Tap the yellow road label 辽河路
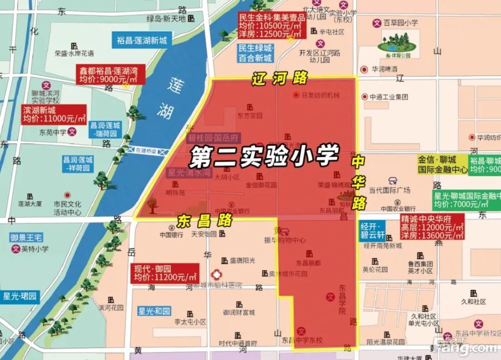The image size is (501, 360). (x=280, y=78)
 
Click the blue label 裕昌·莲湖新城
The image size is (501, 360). (x=142, y=41)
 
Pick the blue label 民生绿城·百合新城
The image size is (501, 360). (x=256, y=53)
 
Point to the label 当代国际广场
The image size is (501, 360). (x=389, y=190)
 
